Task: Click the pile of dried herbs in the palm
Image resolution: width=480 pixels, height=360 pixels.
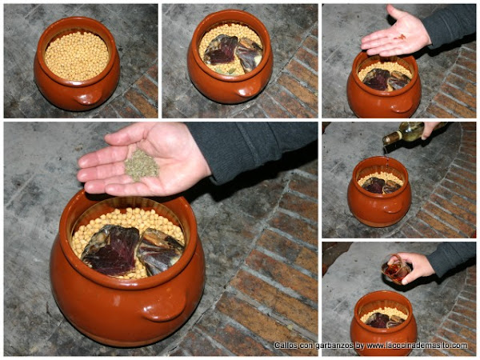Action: tap(142, 166)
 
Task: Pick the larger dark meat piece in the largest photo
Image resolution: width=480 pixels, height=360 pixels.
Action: tap(111, 250)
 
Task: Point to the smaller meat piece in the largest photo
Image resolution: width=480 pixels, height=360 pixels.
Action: tap(159, 249)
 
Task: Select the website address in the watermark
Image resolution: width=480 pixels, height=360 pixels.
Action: tap(418, 346)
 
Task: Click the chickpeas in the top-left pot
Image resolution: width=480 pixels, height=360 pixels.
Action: tap(77, 56)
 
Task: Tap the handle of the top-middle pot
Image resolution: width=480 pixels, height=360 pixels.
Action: tap(249, 90)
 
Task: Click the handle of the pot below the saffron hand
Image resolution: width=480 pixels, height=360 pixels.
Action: tap(401, 107)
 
